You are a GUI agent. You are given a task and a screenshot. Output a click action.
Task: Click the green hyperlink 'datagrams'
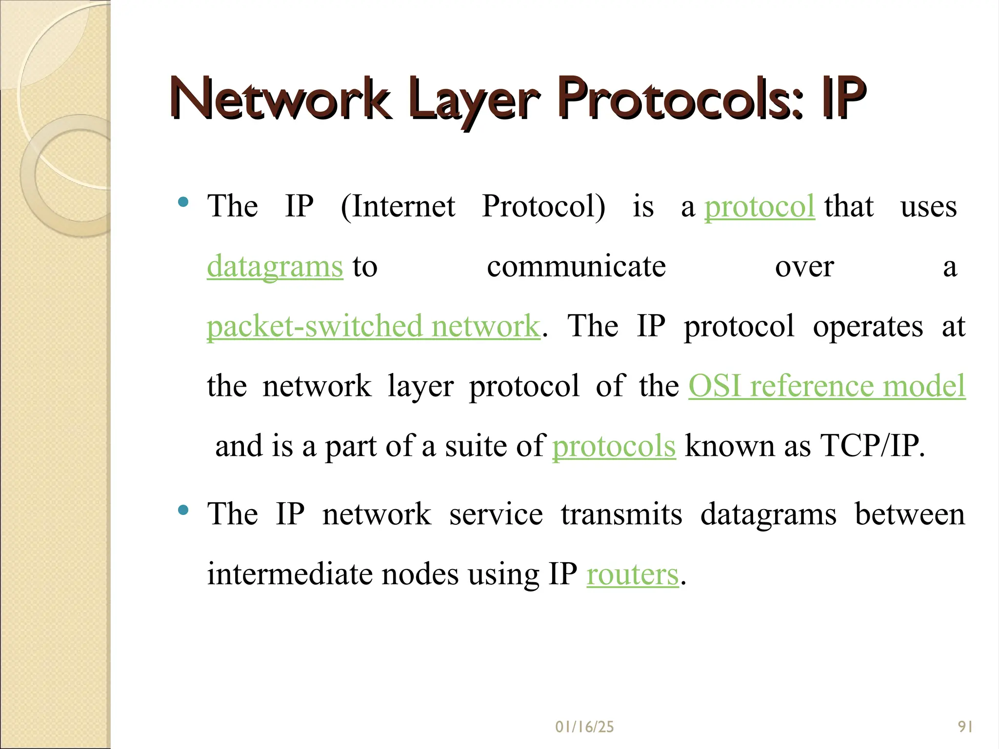coord(275,267)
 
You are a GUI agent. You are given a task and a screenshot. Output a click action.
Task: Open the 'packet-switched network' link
coord(373,326)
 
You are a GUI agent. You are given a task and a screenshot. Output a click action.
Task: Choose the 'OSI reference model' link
coord(827,386)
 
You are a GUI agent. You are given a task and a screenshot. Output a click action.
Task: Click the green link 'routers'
coord(632,574)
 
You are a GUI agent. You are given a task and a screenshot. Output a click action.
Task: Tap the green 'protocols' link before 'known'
coord(614,446)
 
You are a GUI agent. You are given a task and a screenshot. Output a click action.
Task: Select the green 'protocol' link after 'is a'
coord(759,207)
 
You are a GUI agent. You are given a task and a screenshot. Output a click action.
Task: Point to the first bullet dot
coord(183,202)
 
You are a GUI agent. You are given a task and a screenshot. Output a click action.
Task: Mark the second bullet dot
coord(183,510)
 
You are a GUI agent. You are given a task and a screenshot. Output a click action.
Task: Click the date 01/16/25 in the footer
coord(584,727)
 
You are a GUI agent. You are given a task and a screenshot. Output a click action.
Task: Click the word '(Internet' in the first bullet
coord(398,207)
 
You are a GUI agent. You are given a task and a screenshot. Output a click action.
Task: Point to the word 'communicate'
coord(576,267)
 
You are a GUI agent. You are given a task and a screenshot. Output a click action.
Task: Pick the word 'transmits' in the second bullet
coord(621,514)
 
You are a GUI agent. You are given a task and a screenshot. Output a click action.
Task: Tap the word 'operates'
coord(868,327)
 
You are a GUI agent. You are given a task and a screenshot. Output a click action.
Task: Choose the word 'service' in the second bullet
coord(496,514)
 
